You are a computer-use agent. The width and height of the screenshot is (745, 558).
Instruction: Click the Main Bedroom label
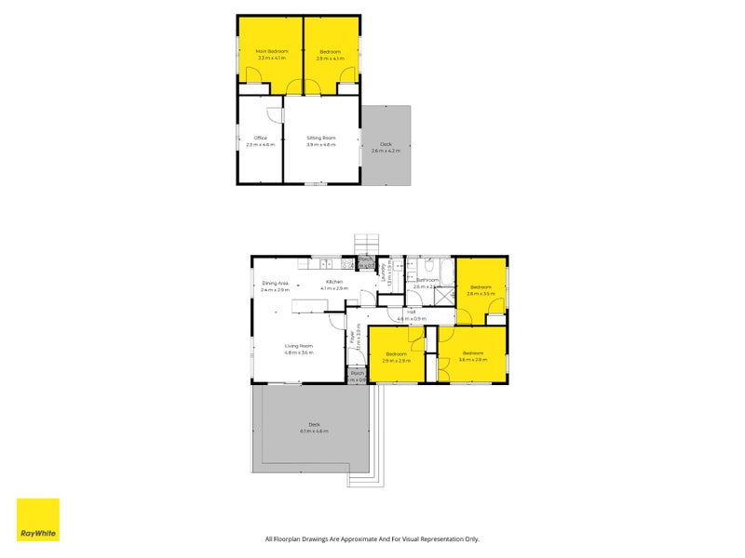coord(273,50)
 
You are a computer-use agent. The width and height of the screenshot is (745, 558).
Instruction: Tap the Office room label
coord(261,138)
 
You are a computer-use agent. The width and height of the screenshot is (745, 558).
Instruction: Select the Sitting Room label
coord(321,138)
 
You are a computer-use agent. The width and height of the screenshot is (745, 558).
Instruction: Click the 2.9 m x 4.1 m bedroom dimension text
coord(330,58)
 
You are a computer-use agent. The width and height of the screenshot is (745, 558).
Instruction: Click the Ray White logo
coord(38,520)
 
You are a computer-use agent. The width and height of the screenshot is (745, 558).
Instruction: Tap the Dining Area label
coord(275,282)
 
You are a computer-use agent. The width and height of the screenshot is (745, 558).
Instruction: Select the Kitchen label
coord(334,282)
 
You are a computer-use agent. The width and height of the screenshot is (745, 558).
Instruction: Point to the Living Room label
coord(299,346)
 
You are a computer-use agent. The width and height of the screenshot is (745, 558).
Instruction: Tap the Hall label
coord(411,312)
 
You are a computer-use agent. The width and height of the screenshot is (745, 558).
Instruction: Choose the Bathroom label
coord(427,280)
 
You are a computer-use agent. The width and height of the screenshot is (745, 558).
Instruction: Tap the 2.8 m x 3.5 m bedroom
coord(481,289)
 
